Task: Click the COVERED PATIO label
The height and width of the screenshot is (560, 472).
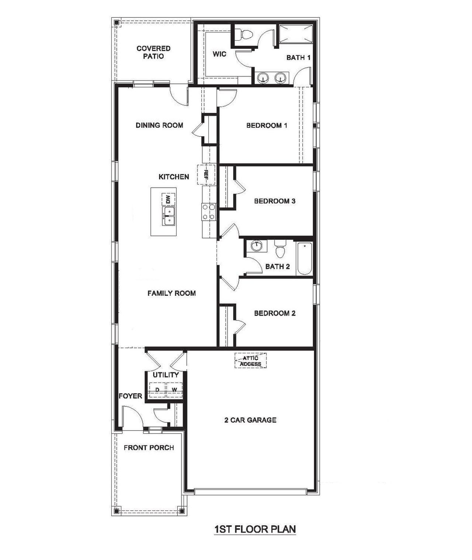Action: [153, 52]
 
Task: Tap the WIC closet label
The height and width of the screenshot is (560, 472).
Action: [219, 54]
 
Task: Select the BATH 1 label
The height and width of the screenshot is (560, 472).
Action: [298, 58]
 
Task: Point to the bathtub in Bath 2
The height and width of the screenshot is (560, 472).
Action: [305, 258]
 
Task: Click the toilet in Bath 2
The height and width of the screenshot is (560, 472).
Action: [281, 249]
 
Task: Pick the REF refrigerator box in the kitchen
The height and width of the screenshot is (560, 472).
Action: [206, 174]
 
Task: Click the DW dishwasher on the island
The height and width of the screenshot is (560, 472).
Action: [168, 199]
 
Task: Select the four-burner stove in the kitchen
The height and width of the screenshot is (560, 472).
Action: [208, 212]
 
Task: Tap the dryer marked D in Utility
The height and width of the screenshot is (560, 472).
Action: [157, 390]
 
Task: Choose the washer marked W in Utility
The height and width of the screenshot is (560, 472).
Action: [174, 390]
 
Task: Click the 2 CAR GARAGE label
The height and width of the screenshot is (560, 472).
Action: [250, 420]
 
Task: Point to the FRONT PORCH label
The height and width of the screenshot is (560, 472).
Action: [149, 448]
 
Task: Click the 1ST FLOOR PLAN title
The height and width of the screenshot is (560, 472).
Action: [255, 529]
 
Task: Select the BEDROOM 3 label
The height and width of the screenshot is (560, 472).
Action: [275, 201]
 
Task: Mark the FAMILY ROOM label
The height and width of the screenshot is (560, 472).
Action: [171, 293]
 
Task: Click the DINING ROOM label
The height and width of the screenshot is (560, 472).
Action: [159, 126]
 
